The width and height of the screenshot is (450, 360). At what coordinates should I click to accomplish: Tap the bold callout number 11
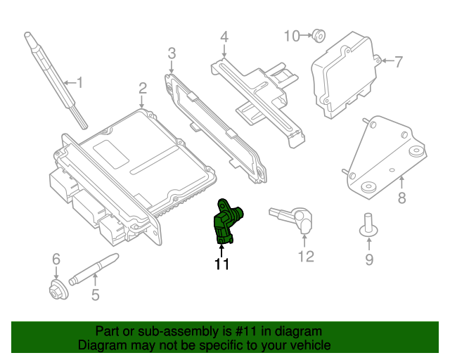[222, 264]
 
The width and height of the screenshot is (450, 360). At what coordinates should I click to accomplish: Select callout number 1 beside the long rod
[79, 83]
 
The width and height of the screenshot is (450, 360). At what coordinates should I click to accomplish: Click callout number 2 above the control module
[142, 89]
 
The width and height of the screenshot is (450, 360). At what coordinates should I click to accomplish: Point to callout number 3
[172, 53]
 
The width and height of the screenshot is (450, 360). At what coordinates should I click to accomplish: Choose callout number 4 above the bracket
[224, 37]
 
